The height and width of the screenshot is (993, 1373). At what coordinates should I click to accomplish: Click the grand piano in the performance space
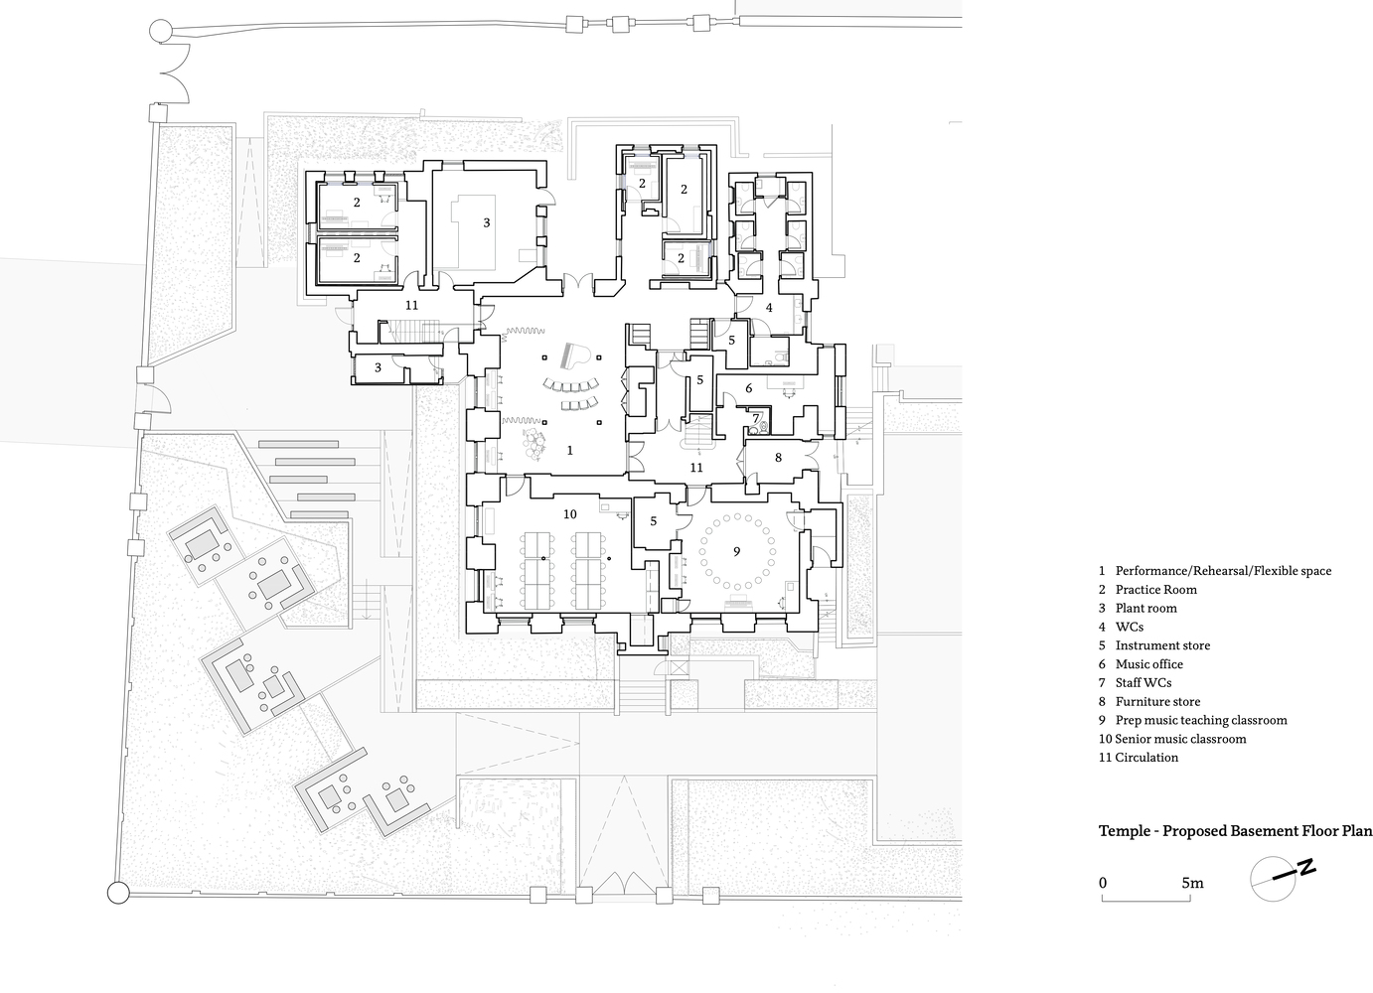click(x=575, y=355)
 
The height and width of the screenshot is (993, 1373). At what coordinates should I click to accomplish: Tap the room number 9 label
click(x=737, y=551)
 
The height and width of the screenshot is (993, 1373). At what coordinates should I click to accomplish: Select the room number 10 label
click(x=570, y=514)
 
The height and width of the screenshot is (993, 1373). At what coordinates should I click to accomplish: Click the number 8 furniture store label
click(x=779, y=458)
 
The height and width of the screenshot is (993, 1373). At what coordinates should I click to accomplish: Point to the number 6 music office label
click(x=748, y=388)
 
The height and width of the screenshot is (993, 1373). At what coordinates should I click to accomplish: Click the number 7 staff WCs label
click(x=756, y=419)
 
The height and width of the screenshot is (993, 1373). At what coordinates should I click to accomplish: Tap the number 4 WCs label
click(x=769, y=308)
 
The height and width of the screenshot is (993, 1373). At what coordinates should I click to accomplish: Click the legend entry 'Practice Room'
click(x=1156, y=590)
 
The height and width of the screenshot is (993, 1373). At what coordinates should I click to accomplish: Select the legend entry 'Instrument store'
click(x=1162, y=645)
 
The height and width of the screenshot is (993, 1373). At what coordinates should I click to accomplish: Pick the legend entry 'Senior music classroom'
click(x=1180, y=740)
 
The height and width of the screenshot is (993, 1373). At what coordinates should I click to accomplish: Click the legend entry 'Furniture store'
click(x=1157, y=702)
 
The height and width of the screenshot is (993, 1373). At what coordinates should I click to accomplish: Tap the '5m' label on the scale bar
click(x=1193, y=884)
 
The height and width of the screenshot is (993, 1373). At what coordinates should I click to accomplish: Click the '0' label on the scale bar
click(x=1103, y=884)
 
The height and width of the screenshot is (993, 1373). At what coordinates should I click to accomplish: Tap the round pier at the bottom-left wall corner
click(x=118, y=893)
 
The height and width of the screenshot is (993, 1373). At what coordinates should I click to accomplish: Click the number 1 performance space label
click(x=570, y=451)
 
